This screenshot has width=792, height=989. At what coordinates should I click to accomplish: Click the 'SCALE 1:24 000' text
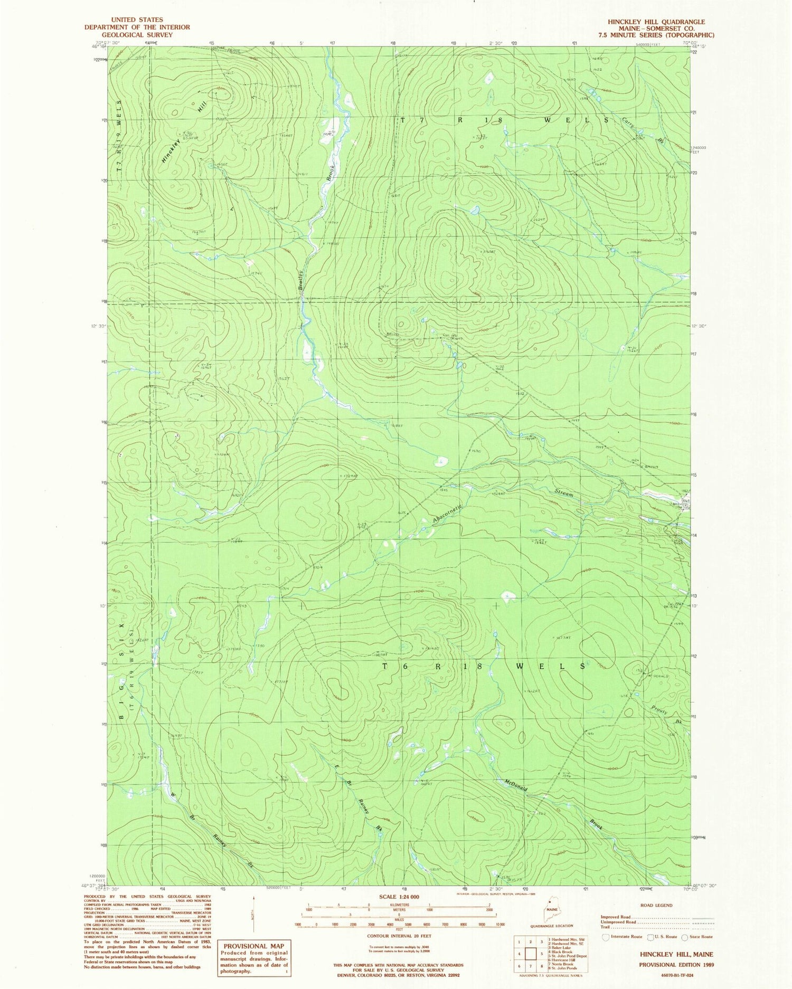(399, 897)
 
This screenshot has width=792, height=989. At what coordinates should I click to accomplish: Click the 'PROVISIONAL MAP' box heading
(253, 946)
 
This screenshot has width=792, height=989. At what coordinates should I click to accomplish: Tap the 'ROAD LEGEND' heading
(657, 905)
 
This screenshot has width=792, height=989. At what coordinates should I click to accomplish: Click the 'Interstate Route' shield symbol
(605, 937)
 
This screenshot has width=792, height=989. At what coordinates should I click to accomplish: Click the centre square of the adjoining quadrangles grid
(531, 954)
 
